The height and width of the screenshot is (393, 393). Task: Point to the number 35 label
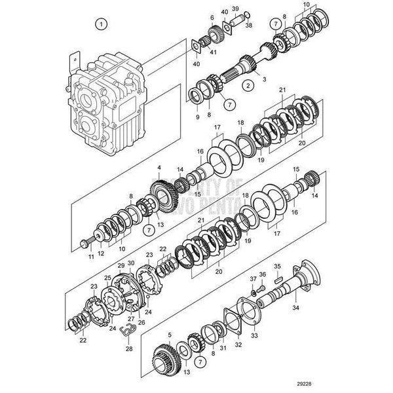(x=277, y=267)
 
